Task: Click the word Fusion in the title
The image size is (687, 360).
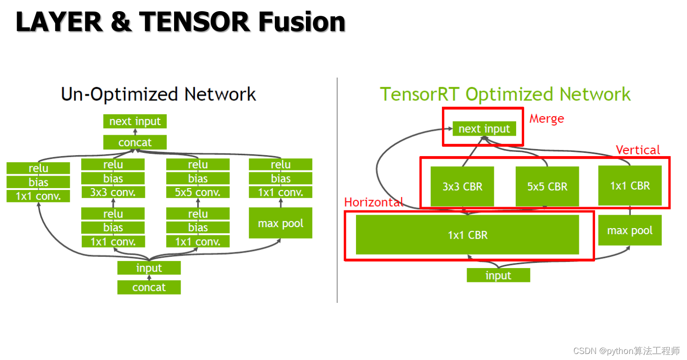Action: point(302,21)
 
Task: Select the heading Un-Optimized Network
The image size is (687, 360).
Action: point(158,94)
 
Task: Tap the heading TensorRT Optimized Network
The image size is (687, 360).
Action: point(506,94)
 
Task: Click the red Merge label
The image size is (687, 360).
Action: point(546,119)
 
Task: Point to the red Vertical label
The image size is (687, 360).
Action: point(638,150)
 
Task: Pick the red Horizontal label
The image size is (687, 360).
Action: point(373,203)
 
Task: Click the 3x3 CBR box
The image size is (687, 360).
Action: point(462,186)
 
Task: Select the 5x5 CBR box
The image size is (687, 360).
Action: point(547,186)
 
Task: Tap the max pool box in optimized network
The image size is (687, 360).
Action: point(629,230)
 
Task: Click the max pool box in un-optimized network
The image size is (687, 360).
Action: point(280,223)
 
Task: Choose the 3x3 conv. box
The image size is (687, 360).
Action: point(113,192)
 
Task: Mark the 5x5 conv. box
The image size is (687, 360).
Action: point(198,192)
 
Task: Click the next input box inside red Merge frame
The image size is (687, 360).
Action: point(484,129)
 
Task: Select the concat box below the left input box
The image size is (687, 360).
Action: point(149,287)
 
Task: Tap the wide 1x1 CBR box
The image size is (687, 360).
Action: point(467,235)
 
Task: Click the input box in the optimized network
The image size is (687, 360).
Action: point(498,275)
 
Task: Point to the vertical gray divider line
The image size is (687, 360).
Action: point(337,190)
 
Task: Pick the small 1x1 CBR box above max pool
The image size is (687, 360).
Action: point(629,186)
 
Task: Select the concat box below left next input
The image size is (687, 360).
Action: point(135,143)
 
